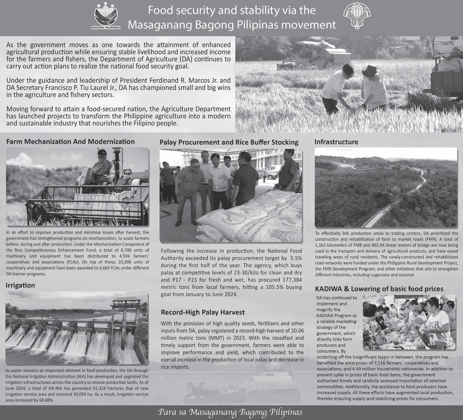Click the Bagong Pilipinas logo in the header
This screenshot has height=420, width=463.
click(106, 16)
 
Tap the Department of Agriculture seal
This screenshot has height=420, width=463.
click(357, 16)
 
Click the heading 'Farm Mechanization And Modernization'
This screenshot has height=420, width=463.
click(70, 141)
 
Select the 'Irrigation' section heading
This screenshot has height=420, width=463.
click(20, 285)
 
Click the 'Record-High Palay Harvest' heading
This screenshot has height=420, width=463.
click(203, 312)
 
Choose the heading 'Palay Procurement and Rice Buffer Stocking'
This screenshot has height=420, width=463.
click(229, 142)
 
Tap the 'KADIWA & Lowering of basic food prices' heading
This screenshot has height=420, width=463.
click(379, 289)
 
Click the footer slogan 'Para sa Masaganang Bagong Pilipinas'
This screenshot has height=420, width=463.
click(230, 412)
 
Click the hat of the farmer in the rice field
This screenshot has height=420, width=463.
click(370, 71)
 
